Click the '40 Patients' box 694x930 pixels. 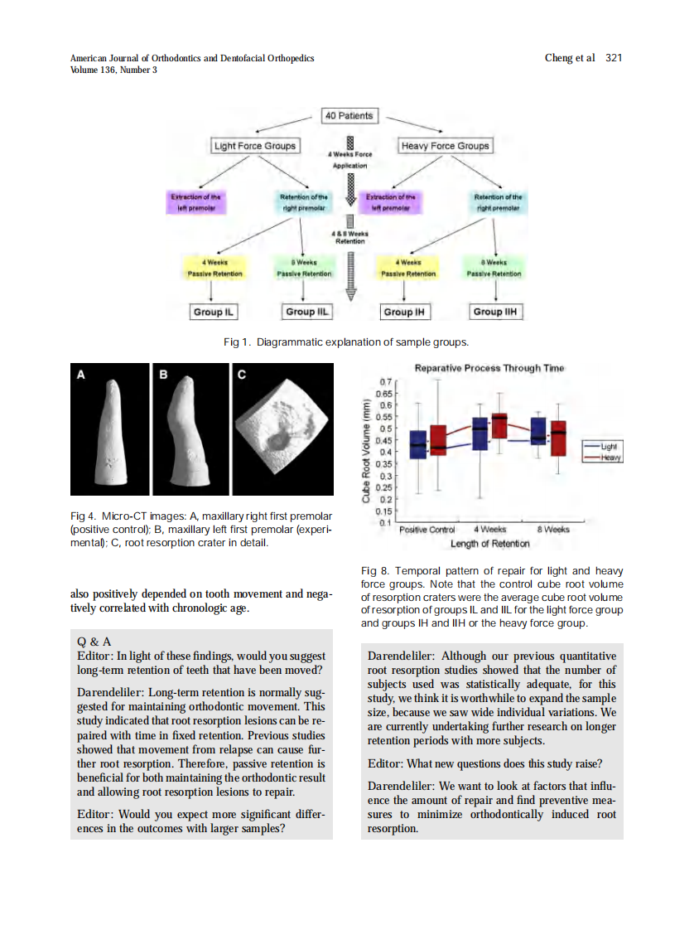pyautogui.click(x=349, y=116)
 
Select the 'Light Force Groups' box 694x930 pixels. pyautogui.click(x=254, y=146)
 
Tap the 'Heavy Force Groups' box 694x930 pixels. pyautogui.click(x=445, y=146)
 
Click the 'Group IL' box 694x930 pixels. pyautogui.click(x=213, y=312)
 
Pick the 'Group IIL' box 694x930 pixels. pyautogui.click(x=307, y=312)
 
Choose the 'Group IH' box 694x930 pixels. pyautogui.click(x=403, y=312)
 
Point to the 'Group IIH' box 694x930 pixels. pyautogui.click(x=497, y=312)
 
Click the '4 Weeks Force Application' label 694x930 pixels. pyautogui.click(x=349, y=160)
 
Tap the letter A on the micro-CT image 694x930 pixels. pyautogui.click(x=81, y=375)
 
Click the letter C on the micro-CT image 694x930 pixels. pyautogui.click(x=242, y=375)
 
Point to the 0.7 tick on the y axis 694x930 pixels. pyautogui.click(x=385, y=380)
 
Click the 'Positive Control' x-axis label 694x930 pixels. pyautogui.click(x=427, y=530)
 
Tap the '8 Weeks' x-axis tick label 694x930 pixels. pyautogui.click(x=553, y=530)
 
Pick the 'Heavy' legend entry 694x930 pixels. pyautogui.click(x=611, y=458)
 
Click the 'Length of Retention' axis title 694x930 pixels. pyautogui.click(x=490, y=544)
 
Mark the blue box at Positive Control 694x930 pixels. pyautogui.click(x=418, y=444)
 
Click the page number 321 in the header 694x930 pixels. pyautogui.click(x=614, y=57)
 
